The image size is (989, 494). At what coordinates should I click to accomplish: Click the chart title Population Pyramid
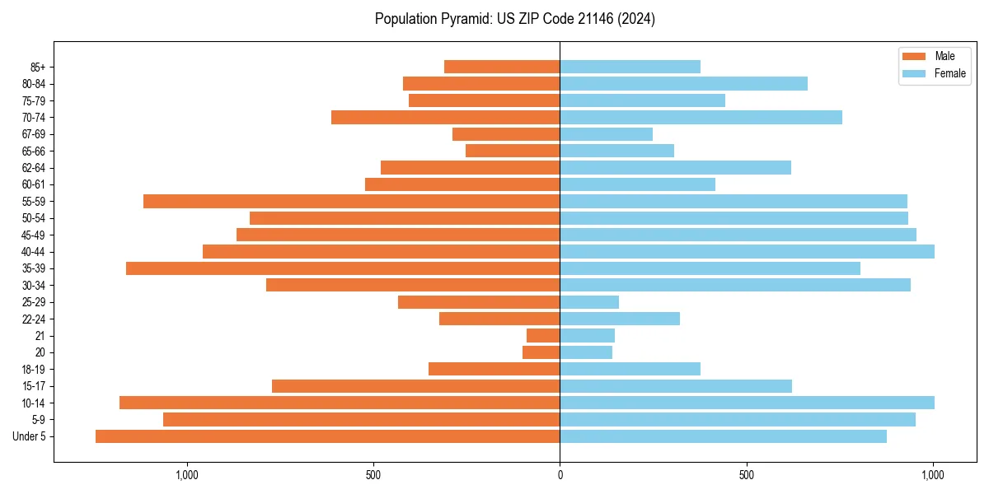[514, 19]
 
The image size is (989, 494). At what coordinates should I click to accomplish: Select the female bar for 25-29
[589, 302]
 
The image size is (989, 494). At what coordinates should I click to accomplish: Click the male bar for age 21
[543, 336]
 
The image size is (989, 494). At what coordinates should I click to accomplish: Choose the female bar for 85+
[630, 67]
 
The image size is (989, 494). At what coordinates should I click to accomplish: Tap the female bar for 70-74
[701, 117]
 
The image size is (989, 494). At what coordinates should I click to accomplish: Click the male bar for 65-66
[513, 151]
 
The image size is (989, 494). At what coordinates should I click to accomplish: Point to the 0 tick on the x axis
[560, 475]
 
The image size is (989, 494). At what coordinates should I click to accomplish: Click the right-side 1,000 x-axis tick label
[933, 475]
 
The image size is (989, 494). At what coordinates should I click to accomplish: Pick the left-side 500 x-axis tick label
[373, 475]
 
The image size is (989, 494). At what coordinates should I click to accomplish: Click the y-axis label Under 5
[30, 436]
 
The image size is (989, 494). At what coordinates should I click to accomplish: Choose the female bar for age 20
[586, 352]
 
